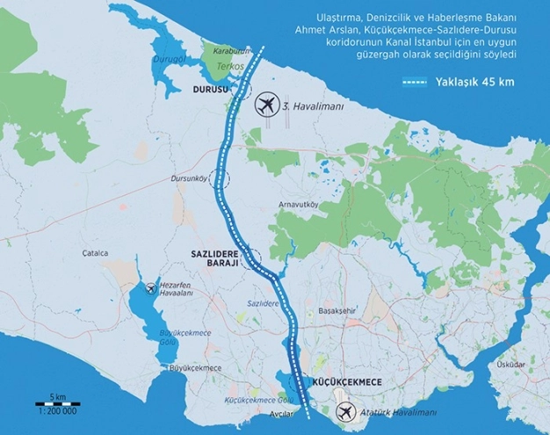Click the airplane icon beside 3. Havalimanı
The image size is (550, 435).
264,105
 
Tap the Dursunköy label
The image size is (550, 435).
192,179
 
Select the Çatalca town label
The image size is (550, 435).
95,252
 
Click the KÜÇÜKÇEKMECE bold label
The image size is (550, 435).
344,382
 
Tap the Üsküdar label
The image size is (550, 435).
510,364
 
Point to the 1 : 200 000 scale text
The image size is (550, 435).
57,411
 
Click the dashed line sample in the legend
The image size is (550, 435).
427,83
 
